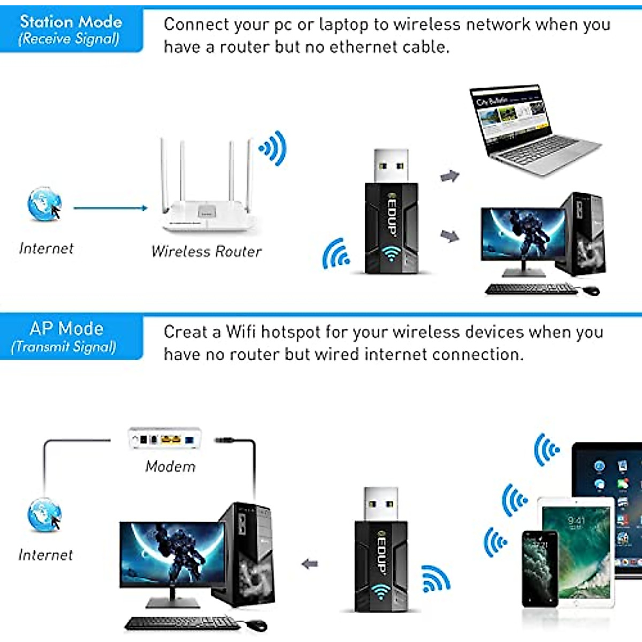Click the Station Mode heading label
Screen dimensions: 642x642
[71, 22]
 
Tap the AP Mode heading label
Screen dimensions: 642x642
[66, 328]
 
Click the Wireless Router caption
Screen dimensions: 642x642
[207, 251]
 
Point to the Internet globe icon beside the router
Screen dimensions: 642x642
[44, 204]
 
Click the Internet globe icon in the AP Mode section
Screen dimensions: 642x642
[44, 515]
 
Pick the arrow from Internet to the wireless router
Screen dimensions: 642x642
[110, 208]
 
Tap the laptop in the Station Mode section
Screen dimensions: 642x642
[530, 131]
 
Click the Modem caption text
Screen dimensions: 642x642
[170, 467]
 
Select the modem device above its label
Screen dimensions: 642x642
[165, 439]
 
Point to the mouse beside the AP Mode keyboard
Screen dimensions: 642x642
[257, 625]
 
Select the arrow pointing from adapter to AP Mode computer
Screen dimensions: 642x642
[310, 564]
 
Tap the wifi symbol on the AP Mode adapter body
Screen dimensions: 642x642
[380, 591]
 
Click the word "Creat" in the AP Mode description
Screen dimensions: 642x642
[185, 332]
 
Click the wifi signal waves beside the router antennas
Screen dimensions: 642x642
[274, 148]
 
